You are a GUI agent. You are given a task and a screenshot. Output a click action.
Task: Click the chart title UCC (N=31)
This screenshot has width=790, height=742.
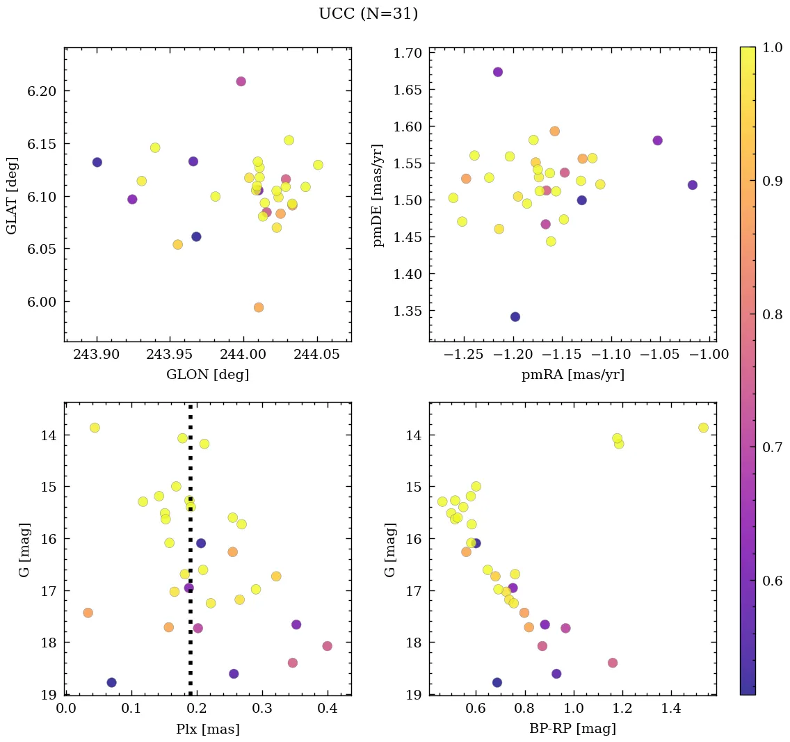click(368, 14)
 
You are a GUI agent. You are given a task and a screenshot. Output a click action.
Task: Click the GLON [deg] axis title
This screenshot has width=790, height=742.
click(207, 375)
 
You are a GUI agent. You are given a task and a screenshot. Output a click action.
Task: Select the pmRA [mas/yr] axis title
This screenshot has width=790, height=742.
click(573, 375)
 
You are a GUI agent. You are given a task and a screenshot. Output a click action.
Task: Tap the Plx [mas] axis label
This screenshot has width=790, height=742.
click(207, 729)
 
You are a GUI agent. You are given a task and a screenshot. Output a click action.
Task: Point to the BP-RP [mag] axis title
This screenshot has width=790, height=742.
click(573, 729)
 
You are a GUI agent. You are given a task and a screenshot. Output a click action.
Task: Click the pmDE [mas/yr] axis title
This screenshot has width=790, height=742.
click(378, 195)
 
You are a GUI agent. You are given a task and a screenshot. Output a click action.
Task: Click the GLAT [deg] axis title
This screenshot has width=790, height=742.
click(12, 195)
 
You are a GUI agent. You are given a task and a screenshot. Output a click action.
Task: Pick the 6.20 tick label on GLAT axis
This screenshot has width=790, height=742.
click(41, 91)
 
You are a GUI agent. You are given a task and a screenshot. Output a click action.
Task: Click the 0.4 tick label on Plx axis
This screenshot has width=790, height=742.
click(328, 709)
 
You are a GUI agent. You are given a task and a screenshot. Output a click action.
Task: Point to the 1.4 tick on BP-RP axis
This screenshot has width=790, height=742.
click(670, 709)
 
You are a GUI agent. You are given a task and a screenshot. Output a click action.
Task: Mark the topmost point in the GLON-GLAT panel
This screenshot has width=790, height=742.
click(241, 81)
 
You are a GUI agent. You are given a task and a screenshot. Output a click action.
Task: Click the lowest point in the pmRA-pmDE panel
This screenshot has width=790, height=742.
click(515, 317)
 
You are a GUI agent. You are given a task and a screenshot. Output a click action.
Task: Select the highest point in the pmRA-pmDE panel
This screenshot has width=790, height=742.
click(498, 72)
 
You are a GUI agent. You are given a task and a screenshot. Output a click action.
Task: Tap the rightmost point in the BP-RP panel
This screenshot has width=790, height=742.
click(703, 428)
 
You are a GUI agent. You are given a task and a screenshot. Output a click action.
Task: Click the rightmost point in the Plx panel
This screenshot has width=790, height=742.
click(328, 646)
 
